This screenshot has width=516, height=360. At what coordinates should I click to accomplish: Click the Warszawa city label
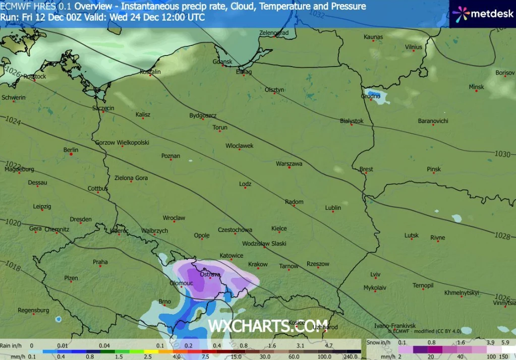tap(289, 164)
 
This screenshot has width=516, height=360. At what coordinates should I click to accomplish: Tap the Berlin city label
tap(71, 150)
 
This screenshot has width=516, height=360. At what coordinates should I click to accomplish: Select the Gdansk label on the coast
tap(222, 62)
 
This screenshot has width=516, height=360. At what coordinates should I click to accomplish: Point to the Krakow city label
tap(258, 264)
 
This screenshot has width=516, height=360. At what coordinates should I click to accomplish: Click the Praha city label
tap(100, 262)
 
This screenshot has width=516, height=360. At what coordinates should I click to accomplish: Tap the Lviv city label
tap(375, 274)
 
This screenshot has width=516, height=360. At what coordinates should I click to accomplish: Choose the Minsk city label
tap(476, 87)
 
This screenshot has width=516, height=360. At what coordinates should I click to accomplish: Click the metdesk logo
tap(483, 14)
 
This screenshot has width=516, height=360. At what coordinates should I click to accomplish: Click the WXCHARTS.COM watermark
tap(268, 326)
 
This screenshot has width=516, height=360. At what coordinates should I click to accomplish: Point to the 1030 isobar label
tap(502, 154)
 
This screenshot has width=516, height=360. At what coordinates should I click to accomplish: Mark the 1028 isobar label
tap(502, 236)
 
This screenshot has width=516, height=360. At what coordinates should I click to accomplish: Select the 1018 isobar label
tap(13, 266)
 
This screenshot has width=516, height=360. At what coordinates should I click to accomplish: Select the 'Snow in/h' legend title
tap(380, 342)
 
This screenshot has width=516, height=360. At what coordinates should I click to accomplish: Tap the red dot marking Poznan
tap(171, 160)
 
